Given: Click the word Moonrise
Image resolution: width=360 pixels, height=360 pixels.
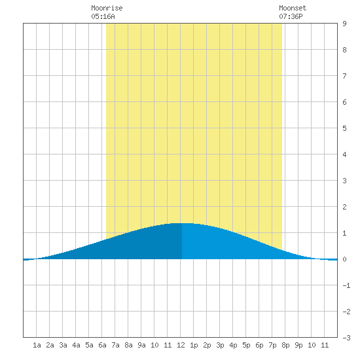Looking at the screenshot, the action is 107,8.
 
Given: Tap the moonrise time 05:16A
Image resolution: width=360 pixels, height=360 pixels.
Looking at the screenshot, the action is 103,16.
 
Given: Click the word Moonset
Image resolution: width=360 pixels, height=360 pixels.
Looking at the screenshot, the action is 293,8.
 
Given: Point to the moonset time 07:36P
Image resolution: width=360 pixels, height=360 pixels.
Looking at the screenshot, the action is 291,16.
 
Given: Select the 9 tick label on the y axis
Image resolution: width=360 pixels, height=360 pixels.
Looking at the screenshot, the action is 344,24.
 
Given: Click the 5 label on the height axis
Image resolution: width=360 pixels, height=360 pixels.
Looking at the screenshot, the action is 344,128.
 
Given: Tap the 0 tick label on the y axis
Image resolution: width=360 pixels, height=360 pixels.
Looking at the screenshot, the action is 344,259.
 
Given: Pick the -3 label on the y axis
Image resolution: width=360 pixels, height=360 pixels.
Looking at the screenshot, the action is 346,338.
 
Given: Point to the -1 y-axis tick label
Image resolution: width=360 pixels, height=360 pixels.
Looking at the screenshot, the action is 346,285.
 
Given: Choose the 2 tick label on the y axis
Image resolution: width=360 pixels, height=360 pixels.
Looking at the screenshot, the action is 344,207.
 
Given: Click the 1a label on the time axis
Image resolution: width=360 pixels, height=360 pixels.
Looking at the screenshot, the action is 37,345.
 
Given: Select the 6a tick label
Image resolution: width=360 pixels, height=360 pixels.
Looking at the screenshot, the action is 102,345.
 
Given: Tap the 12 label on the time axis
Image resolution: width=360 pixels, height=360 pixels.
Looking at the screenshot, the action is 181,345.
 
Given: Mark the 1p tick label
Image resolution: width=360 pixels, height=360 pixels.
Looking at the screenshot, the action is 194,345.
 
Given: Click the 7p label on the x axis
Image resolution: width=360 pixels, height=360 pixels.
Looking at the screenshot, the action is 272,345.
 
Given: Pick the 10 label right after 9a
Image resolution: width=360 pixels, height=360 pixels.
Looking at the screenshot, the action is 154,345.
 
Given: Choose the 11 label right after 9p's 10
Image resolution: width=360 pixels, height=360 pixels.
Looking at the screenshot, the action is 325,345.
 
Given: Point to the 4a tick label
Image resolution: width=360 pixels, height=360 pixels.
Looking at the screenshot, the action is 76,345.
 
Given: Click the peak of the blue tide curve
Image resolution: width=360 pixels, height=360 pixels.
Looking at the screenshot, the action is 182,223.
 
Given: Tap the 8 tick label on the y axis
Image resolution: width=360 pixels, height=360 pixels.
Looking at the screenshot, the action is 344,50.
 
